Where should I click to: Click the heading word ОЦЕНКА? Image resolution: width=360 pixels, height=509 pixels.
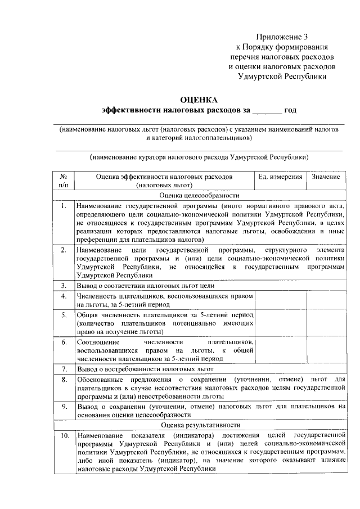tap(199, 100)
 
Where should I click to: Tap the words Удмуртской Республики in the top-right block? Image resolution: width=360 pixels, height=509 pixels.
tap(282, 76)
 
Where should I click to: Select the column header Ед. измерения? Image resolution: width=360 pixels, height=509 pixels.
tap(280, 177)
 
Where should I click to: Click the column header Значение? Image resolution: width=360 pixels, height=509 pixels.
tap(326, 177)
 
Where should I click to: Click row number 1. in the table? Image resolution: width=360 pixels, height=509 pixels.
tap(64, 206)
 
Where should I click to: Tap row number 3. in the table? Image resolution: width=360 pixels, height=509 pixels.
tap(64, 286)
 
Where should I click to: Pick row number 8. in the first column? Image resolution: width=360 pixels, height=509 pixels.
tap(64, 380)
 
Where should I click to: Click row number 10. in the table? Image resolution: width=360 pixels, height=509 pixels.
tap(64, 436)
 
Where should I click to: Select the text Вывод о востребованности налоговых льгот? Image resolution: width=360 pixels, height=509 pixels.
tap(145, 369)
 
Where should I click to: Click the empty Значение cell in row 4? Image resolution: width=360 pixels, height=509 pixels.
tap(326, 300)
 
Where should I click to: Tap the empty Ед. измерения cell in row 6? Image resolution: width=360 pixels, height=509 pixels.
tap(280, 350)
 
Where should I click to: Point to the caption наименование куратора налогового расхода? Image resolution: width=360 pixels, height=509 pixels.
tap(199, 157)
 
